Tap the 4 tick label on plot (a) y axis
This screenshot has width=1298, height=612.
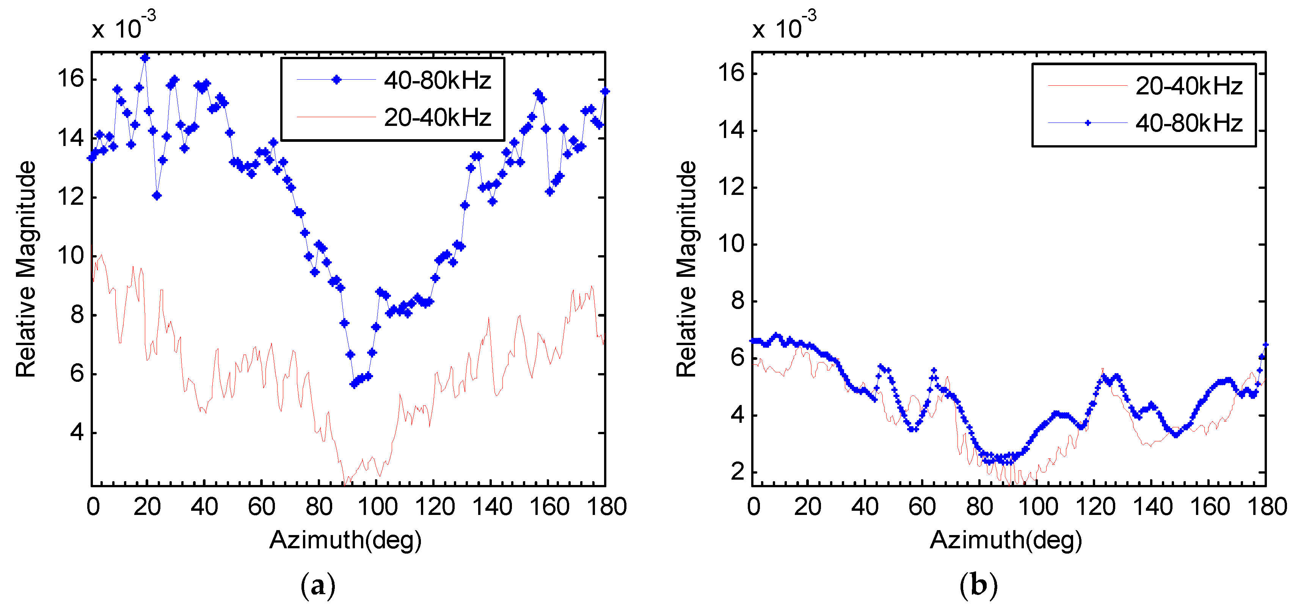pos(77,432)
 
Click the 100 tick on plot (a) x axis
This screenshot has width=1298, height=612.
pos(377,507)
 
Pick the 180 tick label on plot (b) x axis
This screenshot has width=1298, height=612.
pos(1267,507)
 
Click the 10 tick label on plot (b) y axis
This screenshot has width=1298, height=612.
pos(731,244)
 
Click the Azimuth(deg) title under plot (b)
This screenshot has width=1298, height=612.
pos(1006,540)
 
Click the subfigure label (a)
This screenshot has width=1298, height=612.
pos(317,586)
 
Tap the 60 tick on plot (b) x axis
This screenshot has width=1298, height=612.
pos(922,507)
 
